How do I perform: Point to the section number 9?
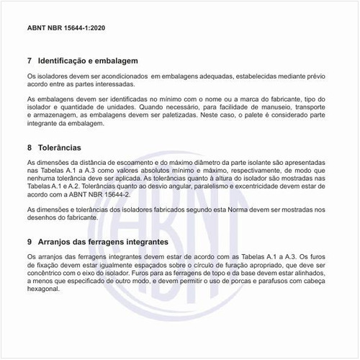tap(29, 243)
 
